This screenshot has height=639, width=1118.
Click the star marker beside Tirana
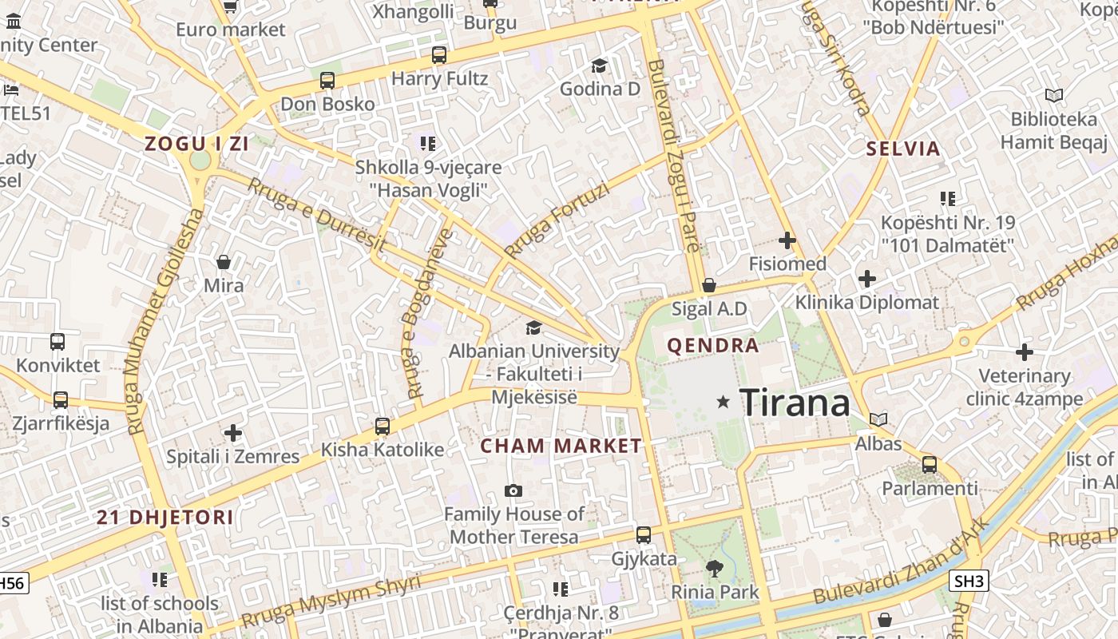pyautogui.click(x=724, y=402)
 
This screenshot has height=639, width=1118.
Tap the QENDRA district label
pyautogui.click(x=712, y=346)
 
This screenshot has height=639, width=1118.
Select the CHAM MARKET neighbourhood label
pyautogui.click(x=561, y=446)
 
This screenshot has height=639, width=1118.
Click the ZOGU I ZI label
pyautogui.click(x=196, y=145)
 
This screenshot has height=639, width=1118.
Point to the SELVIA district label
pyautogui.click(x=903, y=149)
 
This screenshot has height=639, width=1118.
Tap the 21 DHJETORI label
pyautogui.click(x=165, y=517)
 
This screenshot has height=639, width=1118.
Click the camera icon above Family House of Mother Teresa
pyautogui.click(x=513, y=490)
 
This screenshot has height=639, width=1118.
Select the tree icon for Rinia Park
pyautogui.click(x=715, y=568)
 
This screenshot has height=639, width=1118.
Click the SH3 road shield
pyautogui.click(x=969, y=581)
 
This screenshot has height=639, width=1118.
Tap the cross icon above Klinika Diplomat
pyautogui.click(x=867, y=279)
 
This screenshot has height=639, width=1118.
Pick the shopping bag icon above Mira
pyautogui.click(x=224, y=262)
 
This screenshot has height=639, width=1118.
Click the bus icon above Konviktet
pyautogui.click(x=57, y=342)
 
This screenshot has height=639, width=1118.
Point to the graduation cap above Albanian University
pyautogui.click(x=533, y=327)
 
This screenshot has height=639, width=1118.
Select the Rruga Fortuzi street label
pyautogui.click(x=557, y=220)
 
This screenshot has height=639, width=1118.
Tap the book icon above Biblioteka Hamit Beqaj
pyautogui.click(x=1054, y=96)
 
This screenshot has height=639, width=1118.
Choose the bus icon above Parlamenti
pyautogui.click(x=929, y=464)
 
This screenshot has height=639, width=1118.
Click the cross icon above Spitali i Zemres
pyautogui.click(x=232, y=433)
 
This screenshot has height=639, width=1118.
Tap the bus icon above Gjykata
pyautogui.click(x=644, y=535)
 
